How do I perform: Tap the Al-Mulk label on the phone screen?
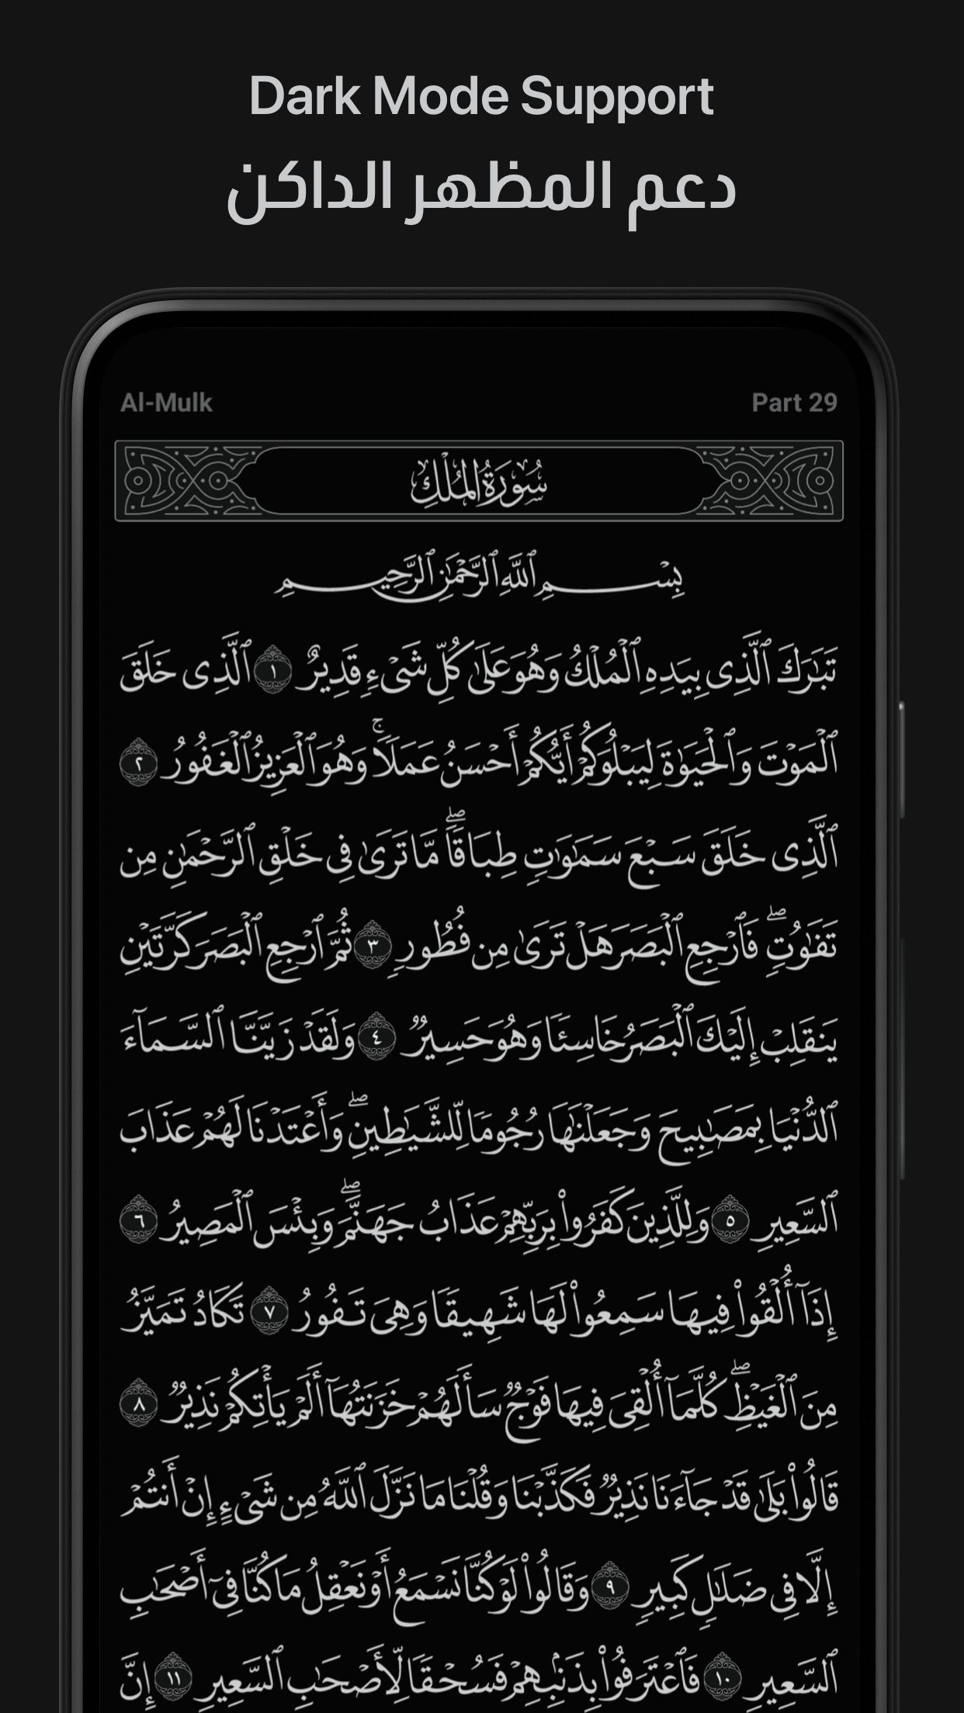click(x=166, y=403)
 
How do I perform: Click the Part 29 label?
click(x=794, y=403)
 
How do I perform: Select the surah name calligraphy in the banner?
click(x=479, y=482)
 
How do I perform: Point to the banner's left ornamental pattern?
click(x=186, y=481)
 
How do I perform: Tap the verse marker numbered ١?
click(x=272, y=670)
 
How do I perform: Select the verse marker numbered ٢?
click(x=139, y=763)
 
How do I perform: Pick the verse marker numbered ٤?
click(x=378, y=1036)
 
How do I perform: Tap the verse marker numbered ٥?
click(x=730, y=1220)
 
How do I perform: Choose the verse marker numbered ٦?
click(x=139, y=1220)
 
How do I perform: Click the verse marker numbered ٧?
click(x=269, y=1311)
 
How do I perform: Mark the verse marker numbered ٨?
click(x=139, y=1403)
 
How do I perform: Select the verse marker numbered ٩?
click(x=609, y=1586)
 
